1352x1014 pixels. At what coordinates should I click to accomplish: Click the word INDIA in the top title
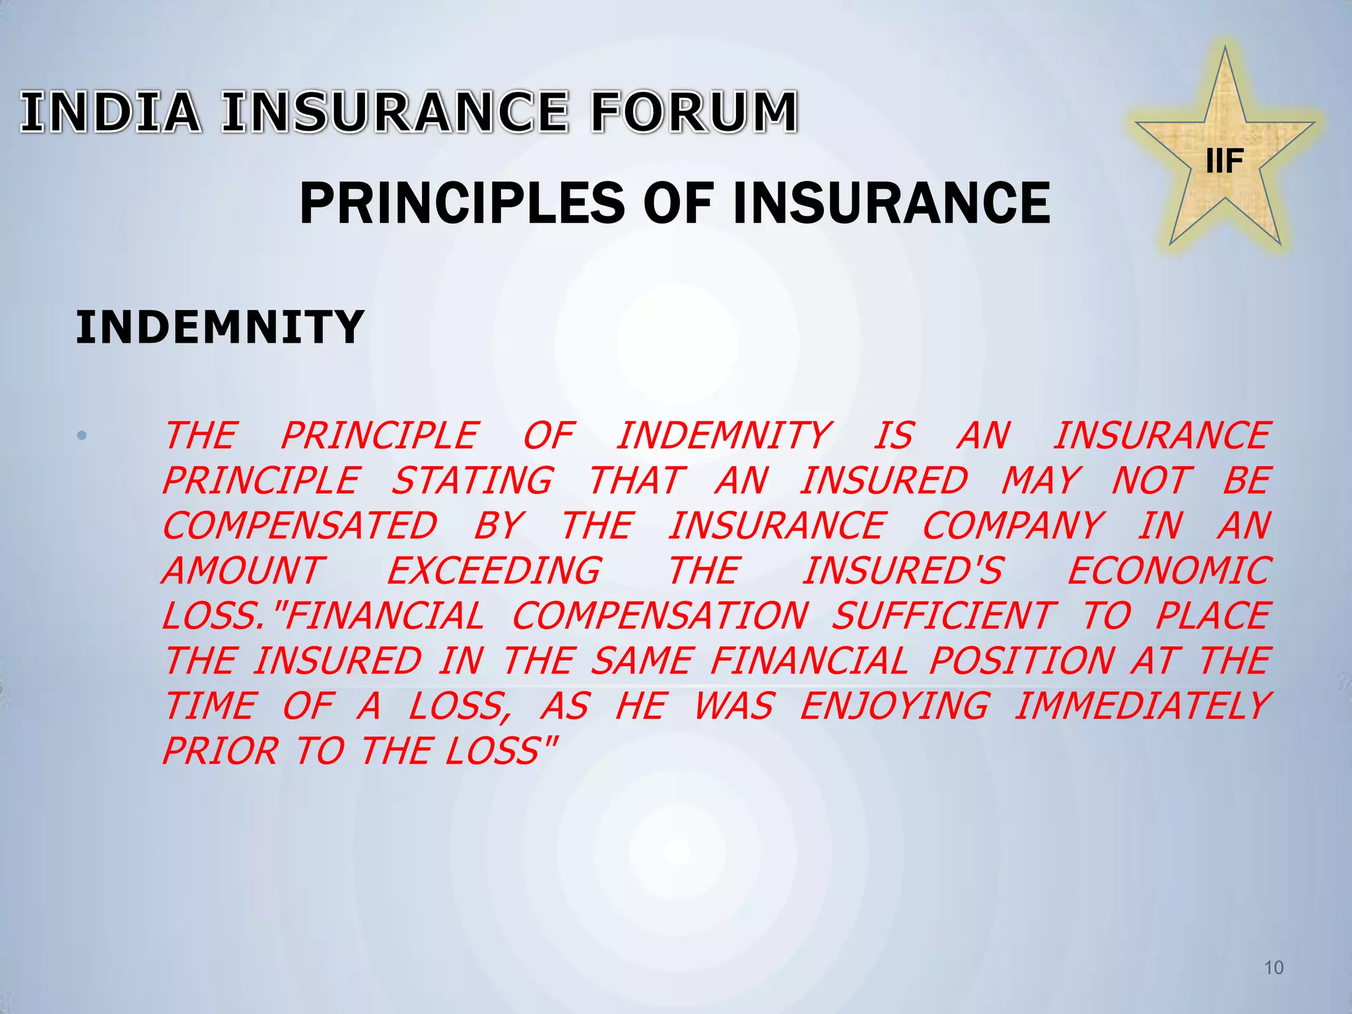pos(111,112)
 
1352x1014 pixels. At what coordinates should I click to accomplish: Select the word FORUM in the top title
pos(694,112)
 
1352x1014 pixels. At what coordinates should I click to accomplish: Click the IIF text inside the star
pos(1225,161)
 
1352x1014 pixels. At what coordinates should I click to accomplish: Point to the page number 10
pos(1273,968)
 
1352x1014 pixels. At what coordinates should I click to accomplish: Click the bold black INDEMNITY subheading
pos(220,327)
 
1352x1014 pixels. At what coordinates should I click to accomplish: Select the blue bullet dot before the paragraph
pos(82,436)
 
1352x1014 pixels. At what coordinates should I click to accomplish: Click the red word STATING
pos(472,481)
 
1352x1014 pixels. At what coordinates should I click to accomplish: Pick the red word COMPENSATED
pos(300,526)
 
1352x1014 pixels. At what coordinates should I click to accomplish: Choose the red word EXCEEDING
pos(494,571)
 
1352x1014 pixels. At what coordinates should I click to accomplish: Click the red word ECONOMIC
pos(1169,571)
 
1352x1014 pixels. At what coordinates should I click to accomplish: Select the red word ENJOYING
pos(895,706)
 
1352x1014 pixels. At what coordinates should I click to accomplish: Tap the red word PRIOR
pos(220,751)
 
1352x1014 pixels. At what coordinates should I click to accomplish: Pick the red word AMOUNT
pos(243,571)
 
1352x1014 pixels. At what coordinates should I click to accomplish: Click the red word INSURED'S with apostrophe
pos(903,571)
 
